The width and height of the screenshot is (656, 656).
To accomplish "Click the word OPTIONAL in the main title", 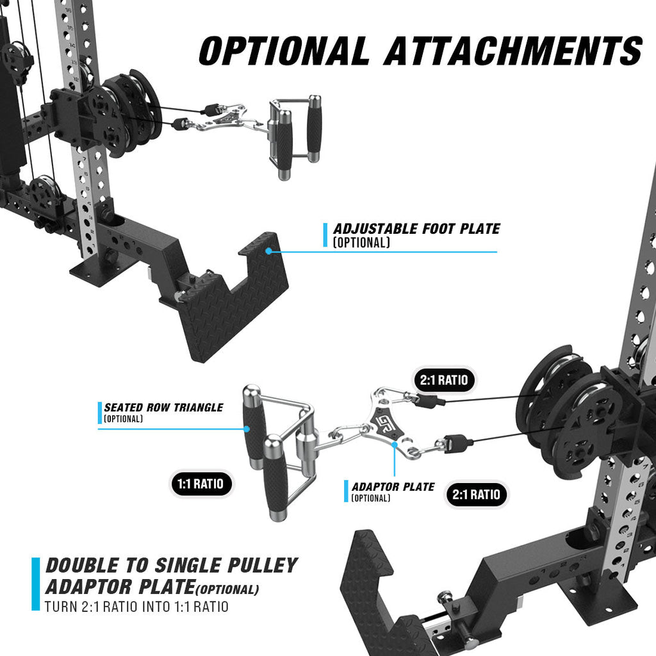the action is coord(284,51).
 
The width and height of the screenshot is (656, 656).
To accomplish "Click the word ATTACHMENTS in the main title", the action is coord(513,51).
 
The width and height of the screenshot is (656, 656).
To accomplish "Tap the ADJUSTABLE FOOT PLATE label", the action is coord(416,229).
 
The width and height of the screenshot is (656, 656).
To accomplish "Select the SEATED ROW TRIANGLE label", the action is coord(163,407).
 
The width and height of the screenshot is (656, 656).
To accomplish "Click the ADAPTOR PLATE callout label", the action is coord(393,487).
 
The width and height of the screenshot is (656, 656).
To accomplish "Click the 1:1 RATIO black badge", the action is coord(201,484).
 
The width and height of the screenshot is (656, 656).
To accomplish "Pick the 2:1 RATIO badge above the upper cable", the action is coord(444,380).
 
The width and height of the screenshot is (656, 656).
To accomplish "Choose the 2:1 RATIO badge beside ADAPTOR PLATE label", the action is coord(476,495).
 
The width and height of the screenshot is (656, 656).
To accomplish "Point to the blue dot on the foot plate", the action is coord(268,251).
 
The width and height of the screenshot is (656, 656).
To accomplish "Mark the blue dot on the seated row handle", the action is coord(247,429).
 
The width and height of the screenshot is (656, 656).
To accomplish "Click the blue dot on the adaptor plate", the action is coord(394,445).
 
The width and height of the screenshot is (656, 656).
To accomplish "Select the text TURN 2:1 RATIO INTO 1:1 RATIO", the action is coord(136,607).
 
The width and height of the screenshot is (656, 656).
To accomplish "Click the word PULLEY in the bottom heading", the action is coord(262,566).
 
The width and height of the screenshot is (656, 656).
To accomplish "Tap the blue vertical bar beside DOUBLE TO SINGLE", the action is coord(36,584).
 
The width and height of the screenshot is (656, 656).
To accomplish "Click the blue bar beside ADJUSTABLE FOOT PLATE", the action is coord(325,234).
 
